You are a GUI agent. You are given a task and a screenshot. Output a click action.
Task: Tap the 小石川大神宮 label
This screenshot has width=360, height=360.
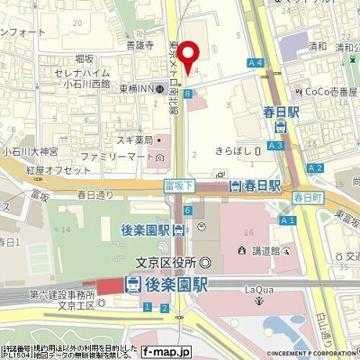tap(30, 151)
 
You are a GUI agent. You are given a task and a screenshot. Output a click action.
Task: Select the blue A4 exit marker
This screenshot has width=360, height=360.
tap(257, 62)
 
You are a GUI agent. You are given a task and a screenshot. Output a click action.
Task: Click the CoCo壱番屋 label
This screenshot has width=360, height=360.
tap(330, 91)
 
